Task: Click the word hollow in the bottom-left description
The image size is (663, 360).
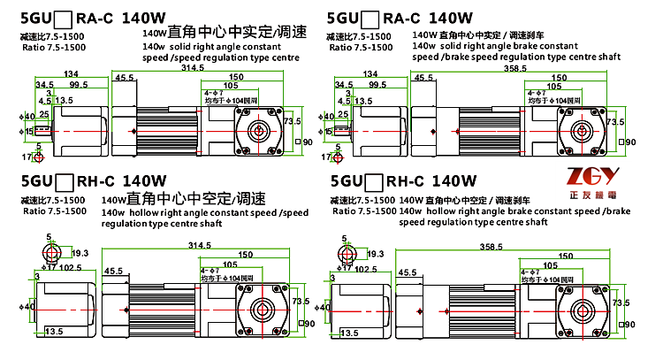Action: pos(155,212)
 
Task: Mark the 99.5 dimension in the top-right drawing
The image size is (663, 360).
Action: pos(377,85)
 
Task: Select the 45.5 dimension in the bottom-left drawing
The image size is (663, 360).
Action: pos(113,271)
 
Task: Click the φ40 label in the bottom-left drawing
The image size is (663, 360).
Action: pos(29,307)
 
